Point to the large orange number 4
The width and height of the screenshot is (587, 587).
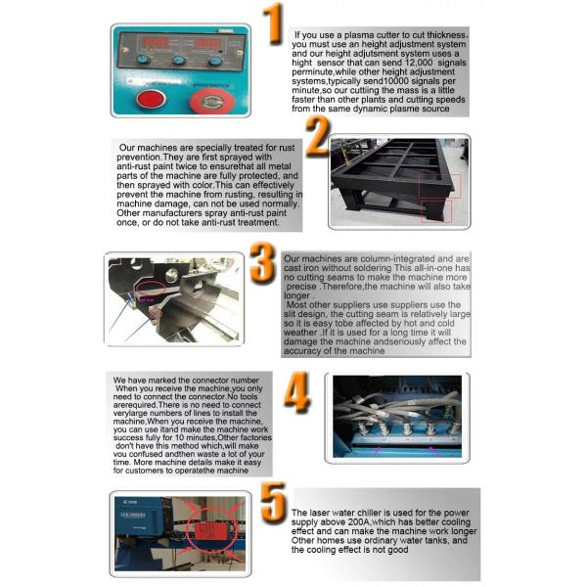(298, 391)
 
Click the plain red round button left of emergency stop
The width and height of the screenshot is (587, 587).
(152, 99)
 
